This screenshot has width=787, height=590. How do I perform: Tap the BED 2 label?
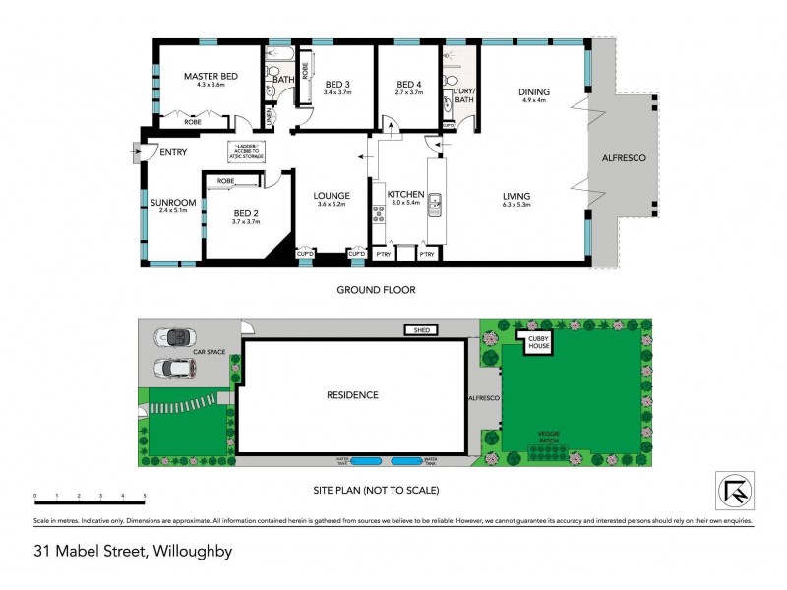245,212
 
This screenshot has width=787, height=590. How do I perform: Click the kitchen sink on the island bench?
436,205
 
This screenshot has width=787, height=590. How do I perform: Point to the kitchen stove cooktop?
377,212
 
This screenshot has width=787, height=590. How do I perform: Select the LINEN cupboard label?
272,120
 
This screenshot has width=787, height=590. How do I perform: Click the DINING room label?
534,92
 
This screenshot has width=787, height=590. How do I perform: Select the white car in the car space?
175,369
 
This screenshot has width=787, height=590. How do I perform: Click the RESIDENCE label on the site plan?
351,394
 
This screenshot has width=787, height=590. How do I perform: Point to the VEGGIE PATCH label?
549,434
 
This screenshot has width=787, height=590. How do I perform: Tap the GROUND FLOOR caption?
376,290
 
